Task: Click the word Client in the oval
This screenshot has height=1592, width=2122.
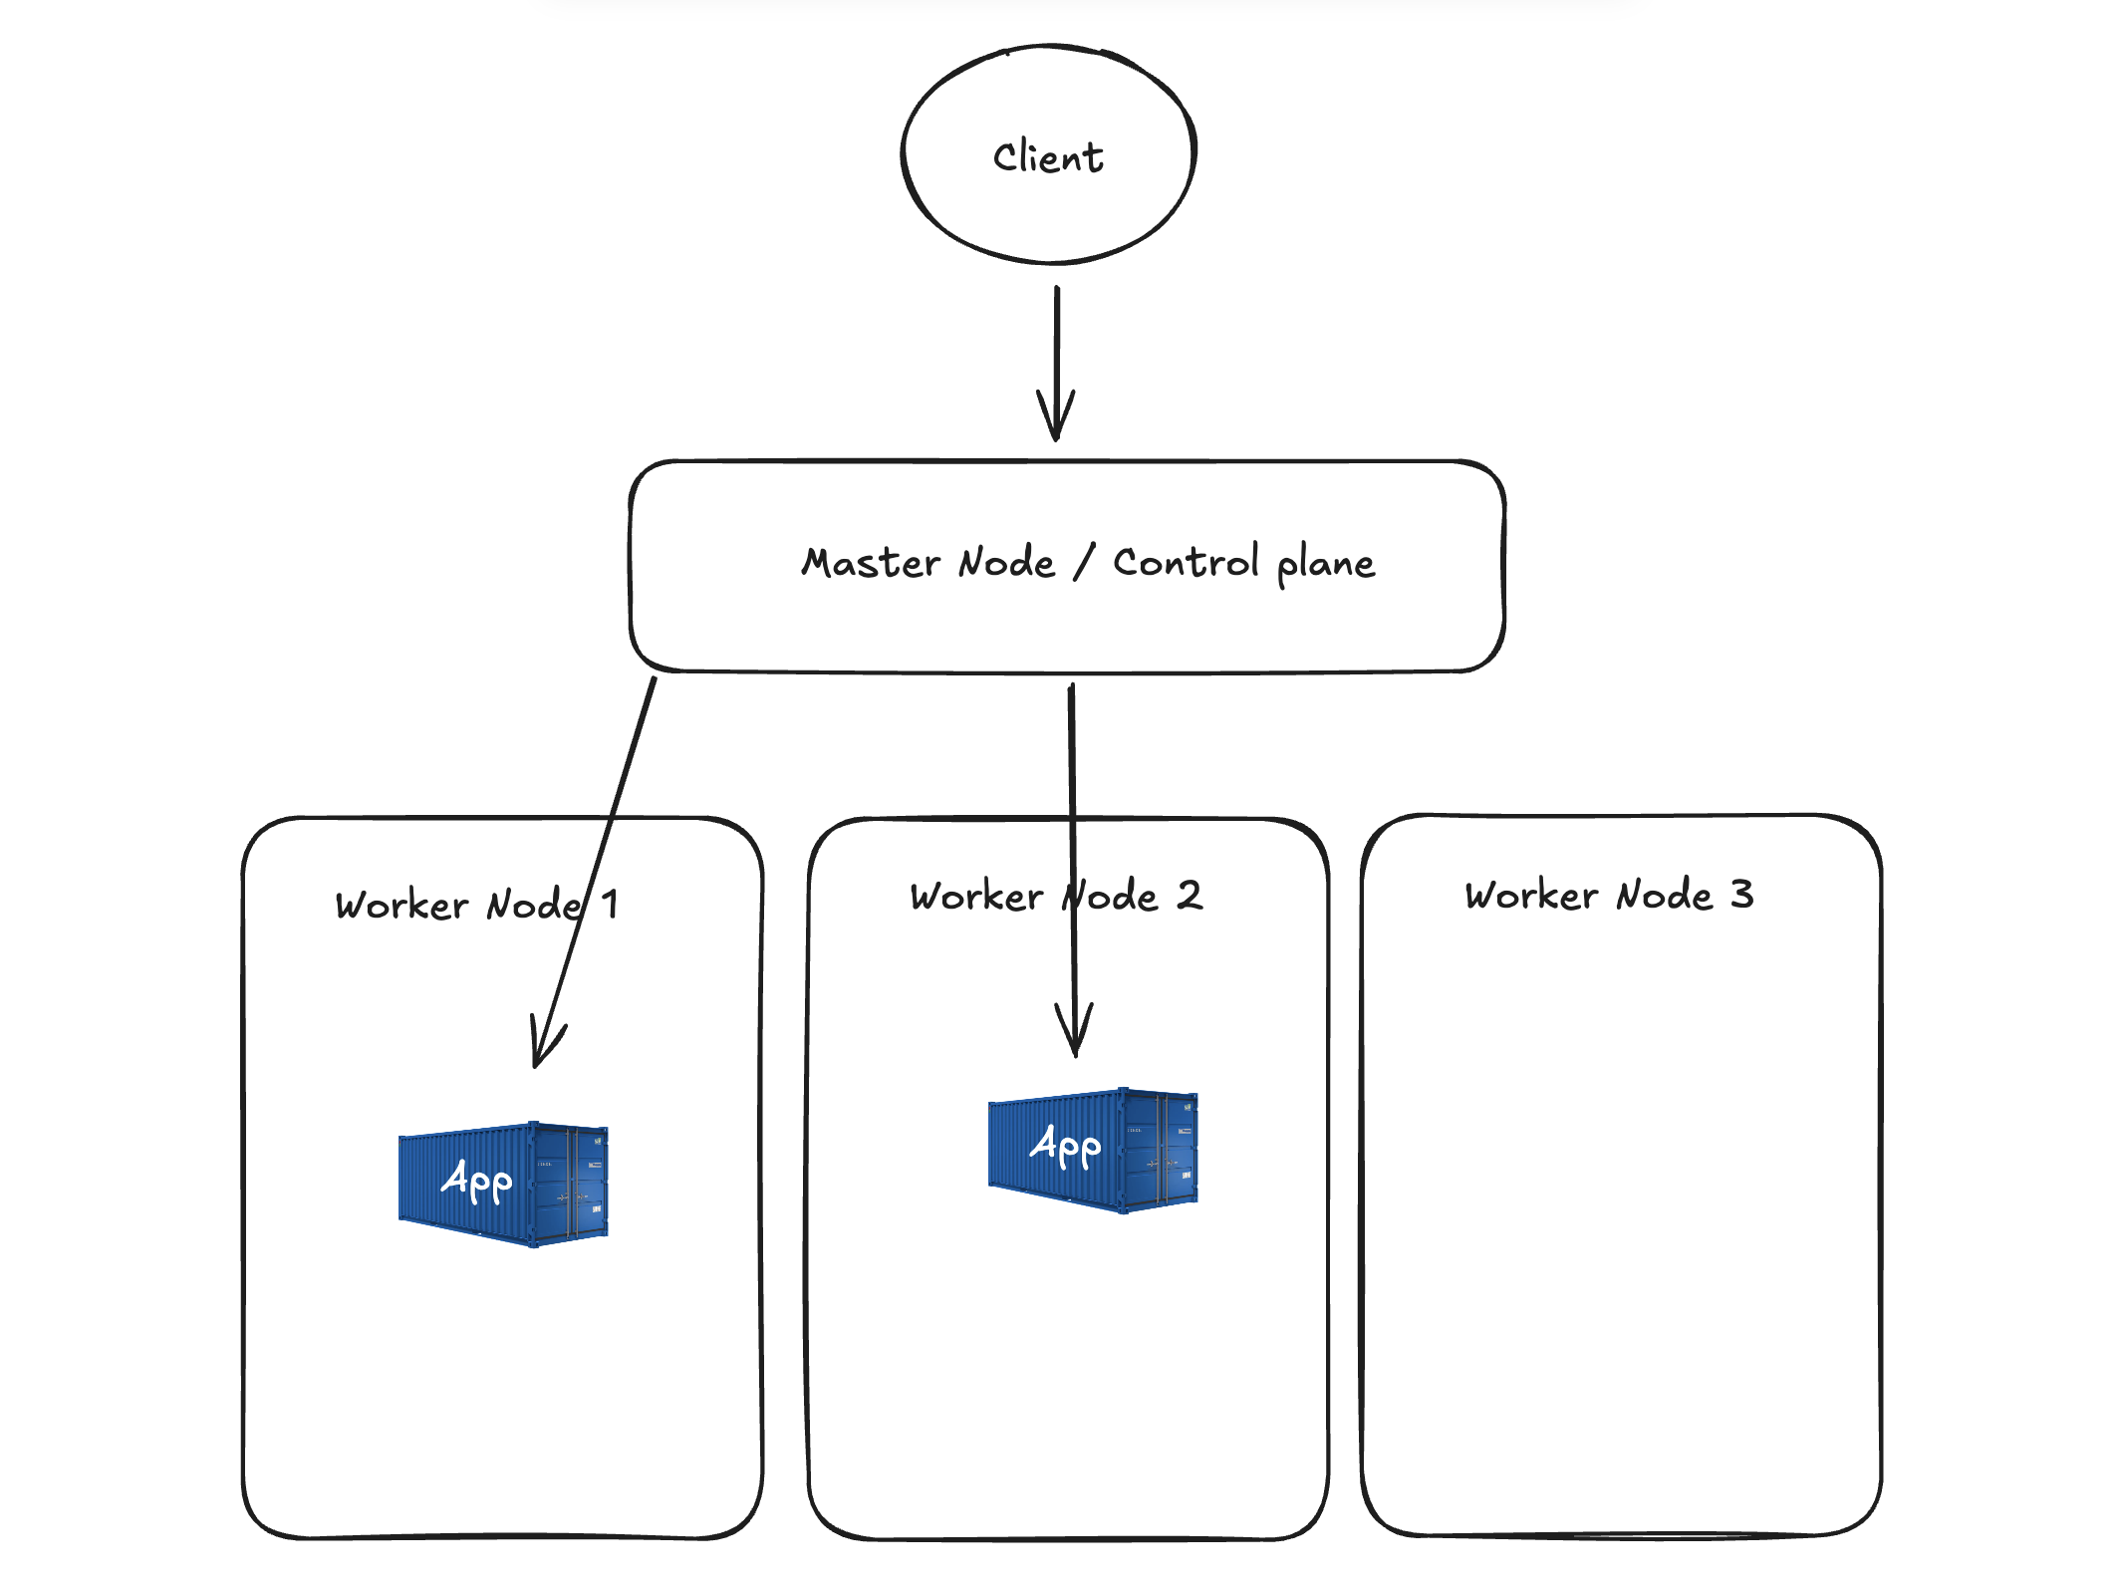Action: [x=1048, y=157]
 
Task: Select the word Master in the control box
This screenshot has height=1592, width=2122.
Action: [x=871, y=563]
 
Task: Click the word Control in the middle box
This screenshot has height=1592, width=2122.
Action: [x=1186, y=563]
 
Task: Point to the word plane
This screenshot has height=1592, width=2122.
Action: [x=1325, y=565]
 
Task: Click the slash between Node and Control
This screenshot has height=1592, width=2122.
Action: [x=1084, y=562]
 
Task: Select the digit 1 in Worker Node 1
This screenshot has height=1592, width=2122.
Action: [x=610, y=905]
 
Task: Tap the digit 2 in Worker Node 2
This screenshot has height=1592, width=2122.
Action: [x=1189, y=895]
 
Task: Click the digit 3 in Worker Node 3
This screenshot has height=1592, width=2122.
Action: [x=1741, y=894]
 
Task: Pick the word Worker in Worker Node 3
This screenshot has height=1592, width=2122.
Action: [x=1531, y=895]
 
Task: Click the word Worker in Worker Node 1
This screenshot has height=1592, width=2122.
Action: [x=401, y=906]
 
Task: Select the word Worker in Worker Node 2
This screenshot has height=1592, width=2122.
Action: [x=976, y=896]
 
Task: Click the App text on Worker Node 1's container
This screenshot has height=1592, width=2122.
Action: [x=476, y=1181]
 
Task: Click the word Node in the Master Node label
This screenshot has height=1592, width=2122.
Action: [x=1006, y=563]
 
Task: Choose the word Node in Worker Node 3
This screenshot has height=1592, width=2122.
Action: [x=1664, y=895]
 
